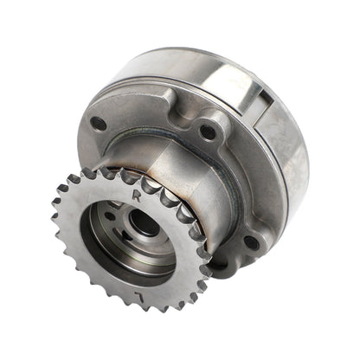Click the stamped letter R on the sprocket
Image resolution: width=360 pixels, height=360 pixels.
point(139,196)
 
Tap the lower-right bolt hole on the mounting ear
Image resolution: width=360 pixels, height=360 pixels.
point(248,241)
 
